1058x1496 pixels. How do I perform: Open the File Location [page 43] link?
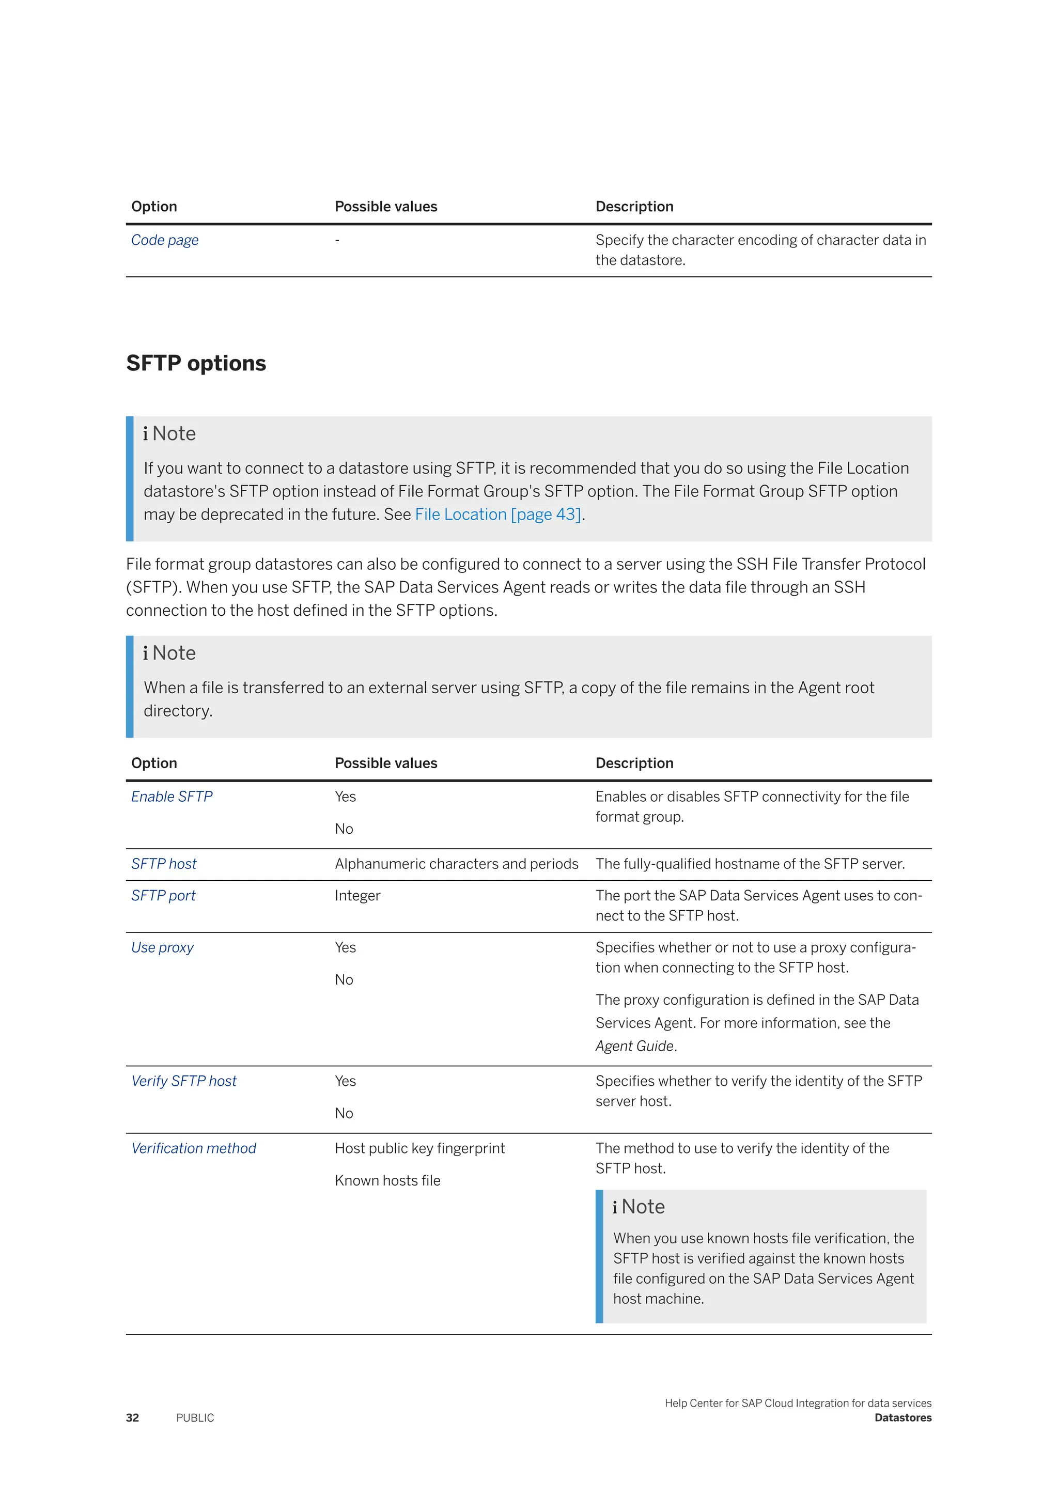click(497, 515)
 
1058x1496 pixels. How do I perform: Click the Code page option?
click(165, 240)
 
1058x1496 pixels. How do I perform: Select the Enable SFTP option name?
click(172, 797)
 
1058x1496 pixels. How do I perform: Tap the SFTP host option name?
click(164, 864)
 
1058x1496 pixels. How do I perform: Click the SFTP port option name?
click(163, 896)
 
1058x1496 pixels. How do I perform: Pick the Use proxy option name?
click(162, 948)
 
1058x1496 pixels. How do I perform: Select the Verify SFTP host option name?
click(184, 1082)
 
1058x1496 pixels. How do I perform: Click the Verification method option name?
click(194, 1149)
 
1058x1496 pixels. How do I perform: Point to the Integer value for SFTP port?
click(357, 896)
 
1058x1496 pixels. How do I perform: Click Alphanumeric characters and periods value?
click(456, 864)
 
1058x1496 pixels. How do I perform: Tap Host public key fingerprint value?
click(419, 1149)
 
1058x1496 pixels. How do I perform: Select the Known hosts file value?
click(387, 1181)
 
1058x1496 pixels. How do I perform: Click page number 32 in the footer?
click(132, 1418)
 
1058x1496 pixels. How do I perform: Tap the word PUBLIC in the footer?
click(195, 1418)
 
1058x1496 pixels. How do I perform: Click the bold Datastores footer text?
click(903, 1418)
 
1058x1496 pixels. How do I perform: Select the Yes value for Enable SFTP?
click(345, 797)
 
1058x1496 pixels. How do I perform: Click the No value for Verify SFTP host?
click(344, 1114)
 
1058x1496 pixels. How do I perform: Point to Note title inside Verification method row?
click(642, 1207)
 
